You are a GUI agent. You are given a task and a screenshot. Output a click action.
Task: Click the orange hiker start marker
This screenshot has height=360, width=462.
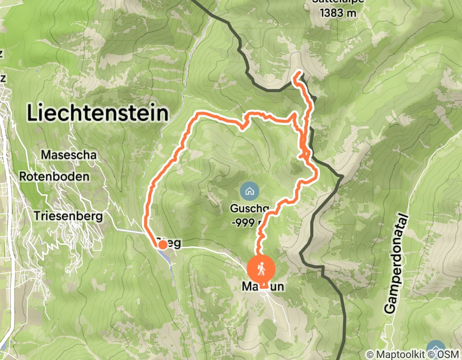tap(262, 269)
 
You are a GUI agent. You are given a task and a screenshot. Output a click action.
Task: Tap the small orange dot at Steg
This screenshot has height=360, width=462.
tap(162, 245)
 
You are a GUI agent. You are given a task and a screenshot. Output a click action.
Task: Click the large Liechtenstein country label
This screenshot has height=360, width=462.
tap(98, 113)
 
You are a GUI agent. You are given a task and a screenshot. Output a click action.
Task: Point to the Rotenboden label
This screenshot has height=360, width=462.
tap(55, 176)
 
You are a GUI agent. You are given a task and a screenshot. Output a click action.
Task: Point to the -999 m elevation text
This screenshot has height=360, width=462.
tap(246, 222)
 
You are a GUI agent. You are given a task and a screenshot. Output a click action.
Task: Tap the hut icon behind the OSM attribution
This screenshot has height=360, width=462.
tap(436, 348)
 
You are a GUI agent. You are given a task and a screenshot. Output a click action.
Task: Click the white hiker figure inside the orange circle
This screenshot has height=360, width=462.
tap(262, 269)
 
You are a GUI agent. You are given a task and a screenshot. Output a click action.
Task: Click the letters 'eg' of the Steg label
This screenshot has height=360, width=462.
tap(174, 243)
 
